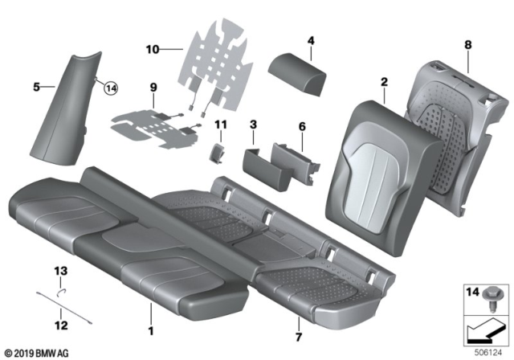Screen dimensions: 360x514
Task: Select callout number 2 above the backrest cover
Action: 384,81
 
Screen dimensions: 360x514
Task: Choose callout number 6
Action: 302,126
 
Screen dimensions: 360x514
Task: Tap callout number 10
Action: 153,49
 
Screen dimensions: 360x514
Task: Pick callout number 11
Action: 222,125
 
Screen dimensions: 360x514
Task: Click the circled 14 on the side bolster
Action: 110,89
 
